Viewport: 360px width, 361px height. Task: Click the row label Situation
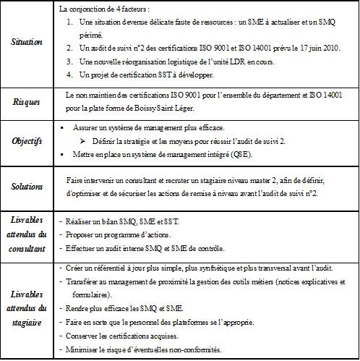tap(27, 43)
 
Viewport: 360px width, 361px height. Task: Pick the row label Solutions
tap(27, 186)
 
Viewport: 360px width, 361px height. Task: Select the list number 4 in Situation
tap(68, 74)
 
